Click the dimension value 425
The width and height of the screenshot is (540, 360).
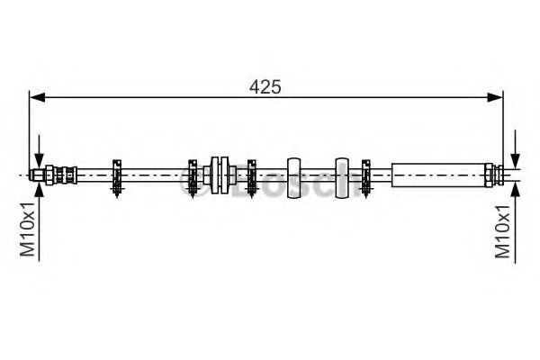[x=266, y=86]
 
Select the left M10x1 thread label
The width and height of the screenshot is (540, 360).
[x=28, y=229]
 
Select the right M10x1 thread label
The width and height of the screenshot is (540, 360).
[x=505, y=229]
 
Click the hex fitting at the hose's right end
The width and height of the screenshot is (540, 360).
[x=490, y=173]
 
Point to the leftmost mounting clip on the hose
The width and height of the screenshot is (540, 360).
[x=116, y=175]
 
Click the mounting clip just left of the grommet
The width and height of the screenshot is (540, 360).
[x=192, y=175]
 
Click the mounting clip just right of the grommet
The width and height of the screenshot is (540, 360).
[x=251, y=175]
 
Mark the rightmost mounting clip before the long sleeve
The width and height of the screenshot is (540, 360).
[x=366, y=175]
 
